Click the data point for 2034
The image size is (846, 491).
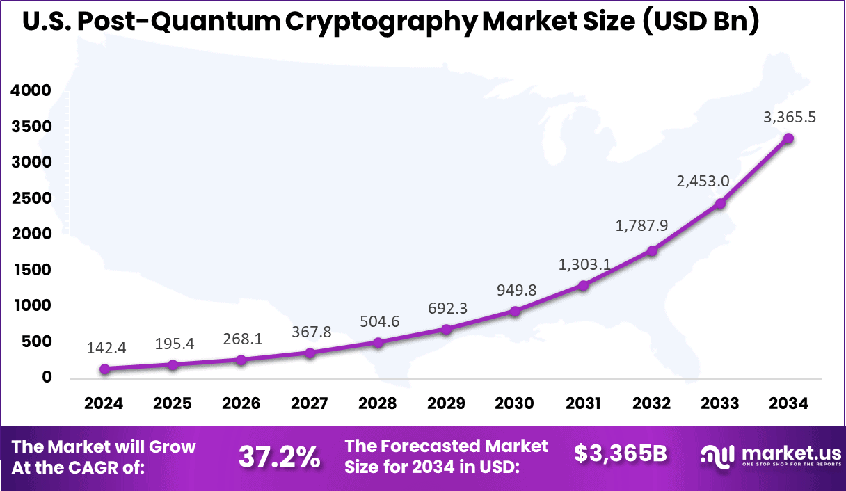[x=788, y=138]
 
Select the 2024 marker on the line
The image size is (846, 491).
[x=104, y=369]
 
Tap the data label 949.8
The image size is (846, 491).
[x=516, y=290]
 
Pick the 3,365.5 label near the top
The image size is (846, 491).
[x=790, y=118]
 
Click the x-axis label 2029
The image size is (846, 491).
[x=447, y=403]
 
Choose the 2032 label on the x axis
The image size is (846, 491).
[x=652, y=403]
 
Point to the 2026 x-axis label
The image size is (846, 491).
[x=241, y=403]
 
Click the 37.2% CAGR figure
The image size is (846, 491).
[x=280, y=457]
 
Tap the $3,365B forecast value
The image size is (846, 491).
[x=621, y=454]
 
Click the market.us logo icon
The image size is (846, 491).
[x=717, y=457]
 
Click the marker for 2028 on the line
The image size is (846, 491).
[x=378, y=342]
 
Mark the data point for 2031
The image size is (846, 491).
[x=583, y=285]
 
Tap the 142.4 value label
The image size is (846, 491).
[x=106, y=348]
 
